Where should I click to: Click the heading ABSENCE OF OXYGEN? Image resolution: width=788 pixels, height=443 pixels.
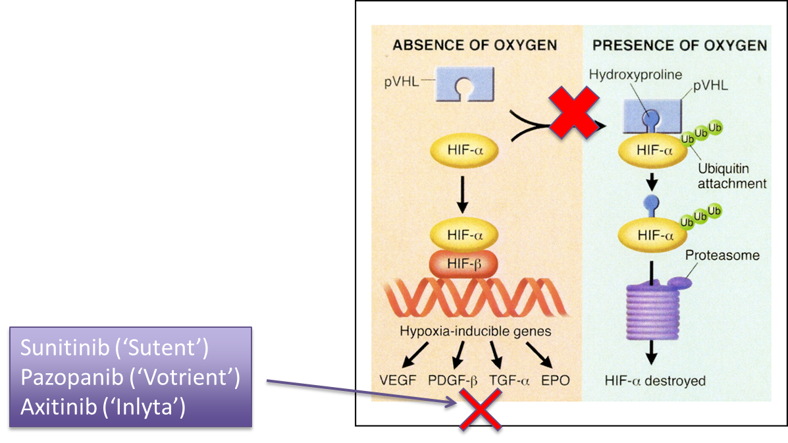pyautogui.click(x=475, y=45)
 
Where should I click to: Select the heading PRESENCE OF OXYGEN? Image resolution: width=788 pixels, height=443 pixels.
pyautogui.click(x=679, y=45)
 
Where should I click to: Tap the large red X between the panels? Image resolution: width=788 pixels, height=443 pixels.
pyautogui.click(x=574, y=114)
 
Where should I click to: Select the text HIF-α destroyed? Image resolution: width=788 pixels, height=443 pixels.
pyautogui.click(x=654, y=380)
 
